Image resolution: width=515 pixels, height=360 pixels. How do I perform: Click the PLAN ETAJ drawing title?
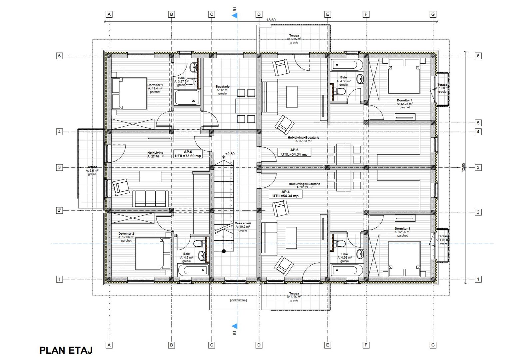tap(66, 350)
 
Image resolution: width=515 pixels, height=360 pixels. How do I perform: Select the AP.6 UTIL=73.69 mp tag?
tap(188, 154)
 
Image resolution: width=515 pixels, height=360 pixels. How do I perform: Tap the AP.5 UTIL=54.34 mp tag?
tap(294, 152)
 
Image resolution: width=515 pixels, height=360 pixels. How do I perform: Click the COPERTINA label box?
tap(239, 300)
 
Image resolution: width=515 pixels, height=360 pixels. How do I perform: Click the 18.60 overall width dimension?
tap(271, 20)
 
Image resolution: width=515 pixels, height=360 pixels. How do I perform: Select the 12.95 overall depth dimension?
tap(463, 167)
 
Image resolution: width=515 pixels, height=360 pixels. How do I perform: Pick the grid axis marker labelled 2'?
tap(59, 210)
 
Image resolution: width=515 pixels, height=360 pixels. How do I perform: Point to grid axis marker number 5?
tap(478, 123)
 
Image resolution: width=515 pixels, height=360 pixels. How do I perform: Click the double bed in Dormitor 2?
tap(153, 253)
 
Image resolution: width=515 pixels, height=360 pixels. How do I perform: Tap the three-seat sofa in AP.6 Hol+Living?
tap(151, 199)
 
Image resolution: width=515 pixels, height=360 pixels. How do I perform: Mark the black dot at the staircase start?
tap(224, 251)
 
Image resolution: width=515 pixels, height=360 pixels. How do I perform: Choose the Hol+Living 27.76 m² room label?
tap(155, 154)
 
